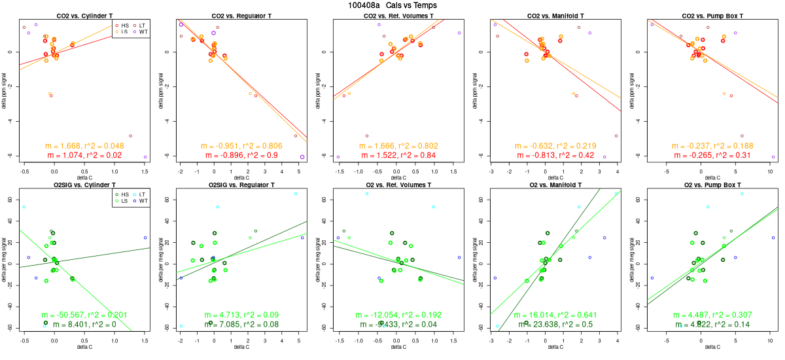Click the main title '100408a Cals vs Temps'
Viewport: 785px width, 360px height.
pos(392,5)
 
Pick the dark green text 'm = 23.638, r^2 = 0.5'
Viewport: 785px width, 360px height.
pos(556,325)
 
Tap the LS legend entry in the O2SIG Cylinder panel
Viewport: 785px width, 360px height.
pos(122,201)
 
